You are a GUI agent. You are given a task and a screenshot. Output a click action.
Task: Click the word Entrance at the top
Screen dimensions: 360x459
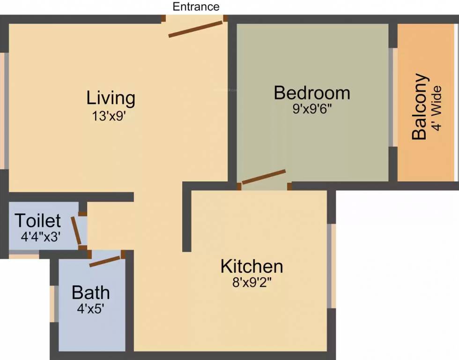[x=196, y=7]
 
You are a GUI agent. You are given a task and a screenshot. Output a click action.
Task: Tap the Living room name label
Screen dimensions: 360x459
[x=111, y=98]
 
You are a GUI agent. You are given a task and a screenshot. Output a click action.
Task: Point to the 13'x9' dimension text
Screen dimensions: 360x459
[x=111, y=116]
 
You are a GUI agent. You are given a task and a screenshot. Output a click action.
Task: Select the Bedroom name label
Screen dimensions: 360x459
[x=311, y=93]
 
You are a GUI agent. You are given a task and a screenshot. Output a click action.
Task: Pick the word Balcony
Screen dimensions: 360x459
[x=420, y=107]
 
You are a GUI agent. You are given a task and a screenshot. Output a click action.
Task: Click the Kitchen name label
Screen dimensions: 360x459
[x=252, y=266]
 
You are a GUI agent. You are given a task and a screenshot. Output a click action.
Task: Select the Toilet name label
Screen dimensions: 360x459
[x=37, y=220]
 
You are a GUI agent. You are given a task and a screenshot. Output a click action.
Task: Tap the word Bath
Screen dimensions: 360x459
[x=90, y=292]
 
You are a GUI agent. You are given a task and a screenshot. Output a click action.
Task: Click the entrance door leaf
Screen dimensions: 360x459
[x=195, y=28]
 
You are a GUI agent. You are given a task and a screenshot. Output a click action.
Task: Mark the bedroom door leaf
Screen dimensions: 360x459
[x=264, y=177]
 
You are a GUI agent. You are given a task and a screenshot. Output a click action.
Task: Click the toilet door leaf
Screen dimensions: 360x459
[x=76, y=231]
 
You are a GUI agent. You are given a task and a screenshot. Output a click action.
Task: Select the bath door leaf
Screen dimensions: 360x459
[x=105, y=261]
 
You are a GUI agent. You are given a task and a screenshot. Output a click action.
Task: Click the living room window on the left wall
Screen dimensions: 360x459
[x=4, y=111]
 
